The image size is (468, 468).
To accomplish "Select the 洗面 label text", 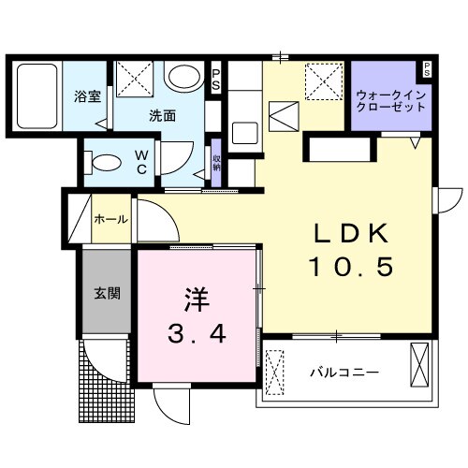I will [x=163, y=116].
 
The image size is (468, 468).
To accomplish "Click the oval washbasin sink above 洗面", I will [x=183, y=77].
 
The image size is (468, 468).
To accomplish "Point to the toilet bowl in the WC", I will [x=103, y=162].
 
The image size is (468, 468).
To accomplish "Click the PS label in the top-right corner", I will [x=427, y=67].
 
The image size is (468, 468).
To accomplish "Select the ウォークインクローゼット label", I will [x=391, y=100].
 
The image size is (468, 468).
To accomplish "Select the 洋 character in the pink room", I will [x=195, y=301].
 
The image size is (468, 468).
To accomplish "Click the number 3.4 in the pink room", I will [x=196, y=335].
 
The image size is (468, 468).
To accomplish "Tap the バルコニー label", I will [x=344, y=372].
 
